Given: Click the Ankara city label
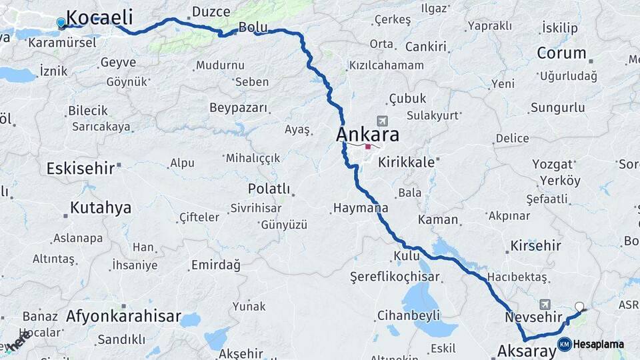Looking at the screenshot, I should [367, 134].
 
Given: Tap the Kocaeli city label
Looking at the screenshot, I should [99, 17].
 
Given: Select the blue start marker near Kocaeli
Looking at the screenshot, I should [61, 23].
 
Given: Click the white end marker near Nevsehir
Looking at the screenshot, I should [579, 307].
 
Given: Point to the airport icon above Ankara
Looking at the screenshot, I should [382, 121].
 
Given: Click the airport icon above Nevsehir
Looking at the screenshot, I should [545, 303].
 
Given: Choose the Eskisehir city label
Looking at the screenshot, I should [81, 168].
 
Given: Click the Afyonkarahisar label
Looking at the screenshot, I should [123, 317].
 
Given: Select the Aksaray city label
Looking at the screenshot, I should [527, 351].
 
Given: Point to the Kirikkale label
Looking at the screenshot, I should [407, 162].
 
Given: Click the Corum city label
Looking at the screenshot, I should [561, 53].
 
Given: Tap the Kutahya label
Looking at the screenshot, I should [101, 208].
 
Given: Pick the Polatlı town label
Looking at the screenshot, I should [269, 189].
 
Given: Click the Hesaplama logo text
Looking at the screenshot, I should [598, 345].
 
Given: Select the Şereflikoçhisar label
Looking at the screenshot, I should [395, 277].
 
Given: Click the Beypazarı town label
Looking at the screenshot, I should [238, 108].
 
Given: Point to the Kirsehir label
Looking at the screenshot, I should [536, 245].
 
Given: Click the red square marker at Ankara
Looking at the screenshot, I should [367, 147].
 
